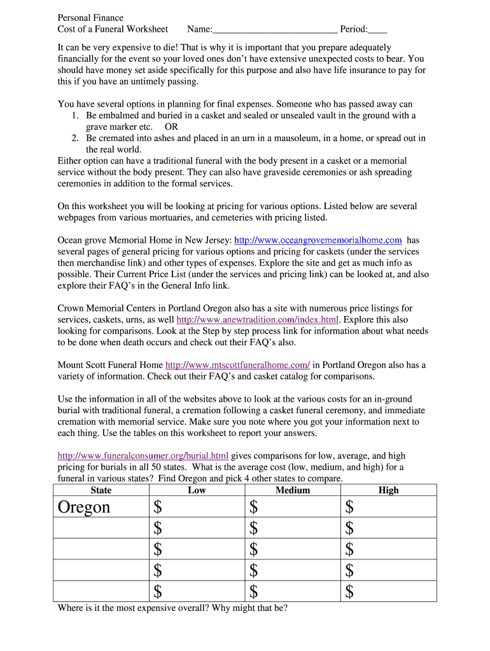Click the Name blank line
(x=275, y=30)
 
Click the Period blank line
(x=377, y=30)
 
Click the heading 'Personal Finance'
(x=90, y=18)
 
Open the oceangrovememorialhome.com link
(x=318, y=240)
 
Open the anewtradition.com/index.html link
(x=258, y=320)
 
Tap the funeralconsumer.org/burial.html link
(x=143, y=456)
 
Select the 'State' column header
(x=101, y=490)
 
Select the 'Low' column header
(x=197, y=490)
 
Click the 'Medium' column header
(x=293, y=490)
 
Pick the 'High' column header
(x=388, y=490)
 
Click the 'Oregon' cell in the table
(x=84, y=507)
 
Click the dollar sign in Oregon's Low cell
(x=158, y=507)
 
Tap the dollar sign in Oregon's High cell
(x=349, y=507)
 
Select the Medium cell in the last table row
(x=293, y=592)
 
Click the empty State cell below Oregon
(x=101, y=528)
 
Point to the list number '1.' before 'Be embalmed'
(x=74, y=116)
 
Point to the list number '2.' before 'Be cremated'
(x=74, y=139)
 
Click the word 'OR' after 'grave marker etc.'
(x=171, y=127)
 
